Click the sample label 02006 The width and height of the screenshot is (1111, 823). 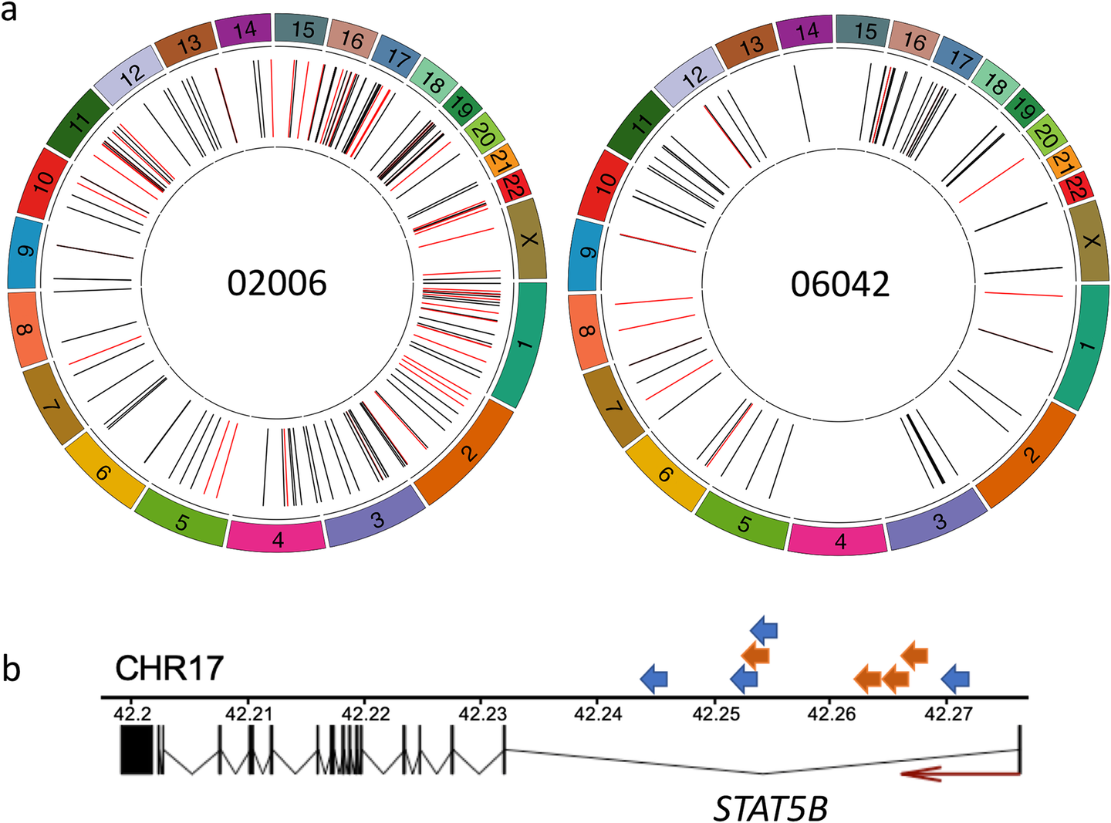click(276, 283)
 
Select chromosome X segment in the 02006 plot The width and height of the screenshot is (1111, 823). click(528, 239)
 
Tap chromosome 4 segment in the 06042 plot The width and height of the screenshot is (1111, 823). click(839, 539)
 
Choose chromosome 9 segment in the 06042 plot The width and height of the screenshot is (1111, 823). click(588, 252)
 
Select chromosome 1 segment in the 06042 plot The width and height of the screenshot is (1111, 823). click(1084, 346)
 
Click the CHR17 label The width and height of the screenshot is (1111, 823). click(169, 668)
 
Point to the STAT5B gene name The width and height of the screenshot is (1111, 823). click(771, 808)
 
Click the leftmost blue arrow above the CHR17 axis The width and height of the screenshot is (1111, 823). click(654, 679)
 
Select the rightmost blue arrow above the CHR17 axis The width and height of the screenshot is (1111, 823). click(956, 679)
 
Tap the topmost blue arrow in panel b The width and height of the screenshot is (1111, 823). click(764, 630)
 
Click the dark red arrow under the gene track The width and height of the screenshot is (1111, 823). click(960, 773)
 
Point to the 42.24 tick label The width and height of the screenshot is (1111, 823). click(597, 714)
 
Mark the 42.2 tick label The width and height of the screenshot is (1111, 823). click(130, 714)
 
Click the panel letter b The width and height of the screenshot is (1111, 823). click(11, 669)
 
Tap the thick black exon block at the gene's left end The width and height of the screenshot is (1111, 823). click(139, 751)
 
